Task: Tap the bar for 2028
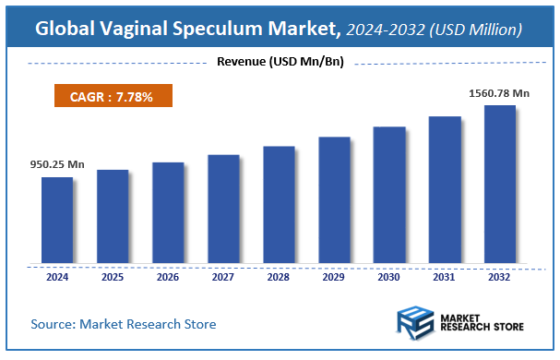[279, 204]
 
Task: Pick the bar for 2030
[389, 195]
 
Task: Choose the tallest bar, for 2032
[500, 184]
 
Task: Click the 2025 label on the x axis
[113, 276]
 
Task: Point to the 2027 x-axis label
[223, 276]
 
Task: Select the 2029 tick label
[334, 276]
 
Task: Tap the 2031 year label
[445, 276]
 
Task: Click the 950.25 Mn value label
[57, 164]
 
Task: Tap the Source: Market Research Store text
[124, 324]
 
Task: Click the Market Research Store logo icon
[415, 325]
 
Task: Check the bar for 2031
[445, 189]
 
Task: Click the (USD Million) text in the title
[477, 30]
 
